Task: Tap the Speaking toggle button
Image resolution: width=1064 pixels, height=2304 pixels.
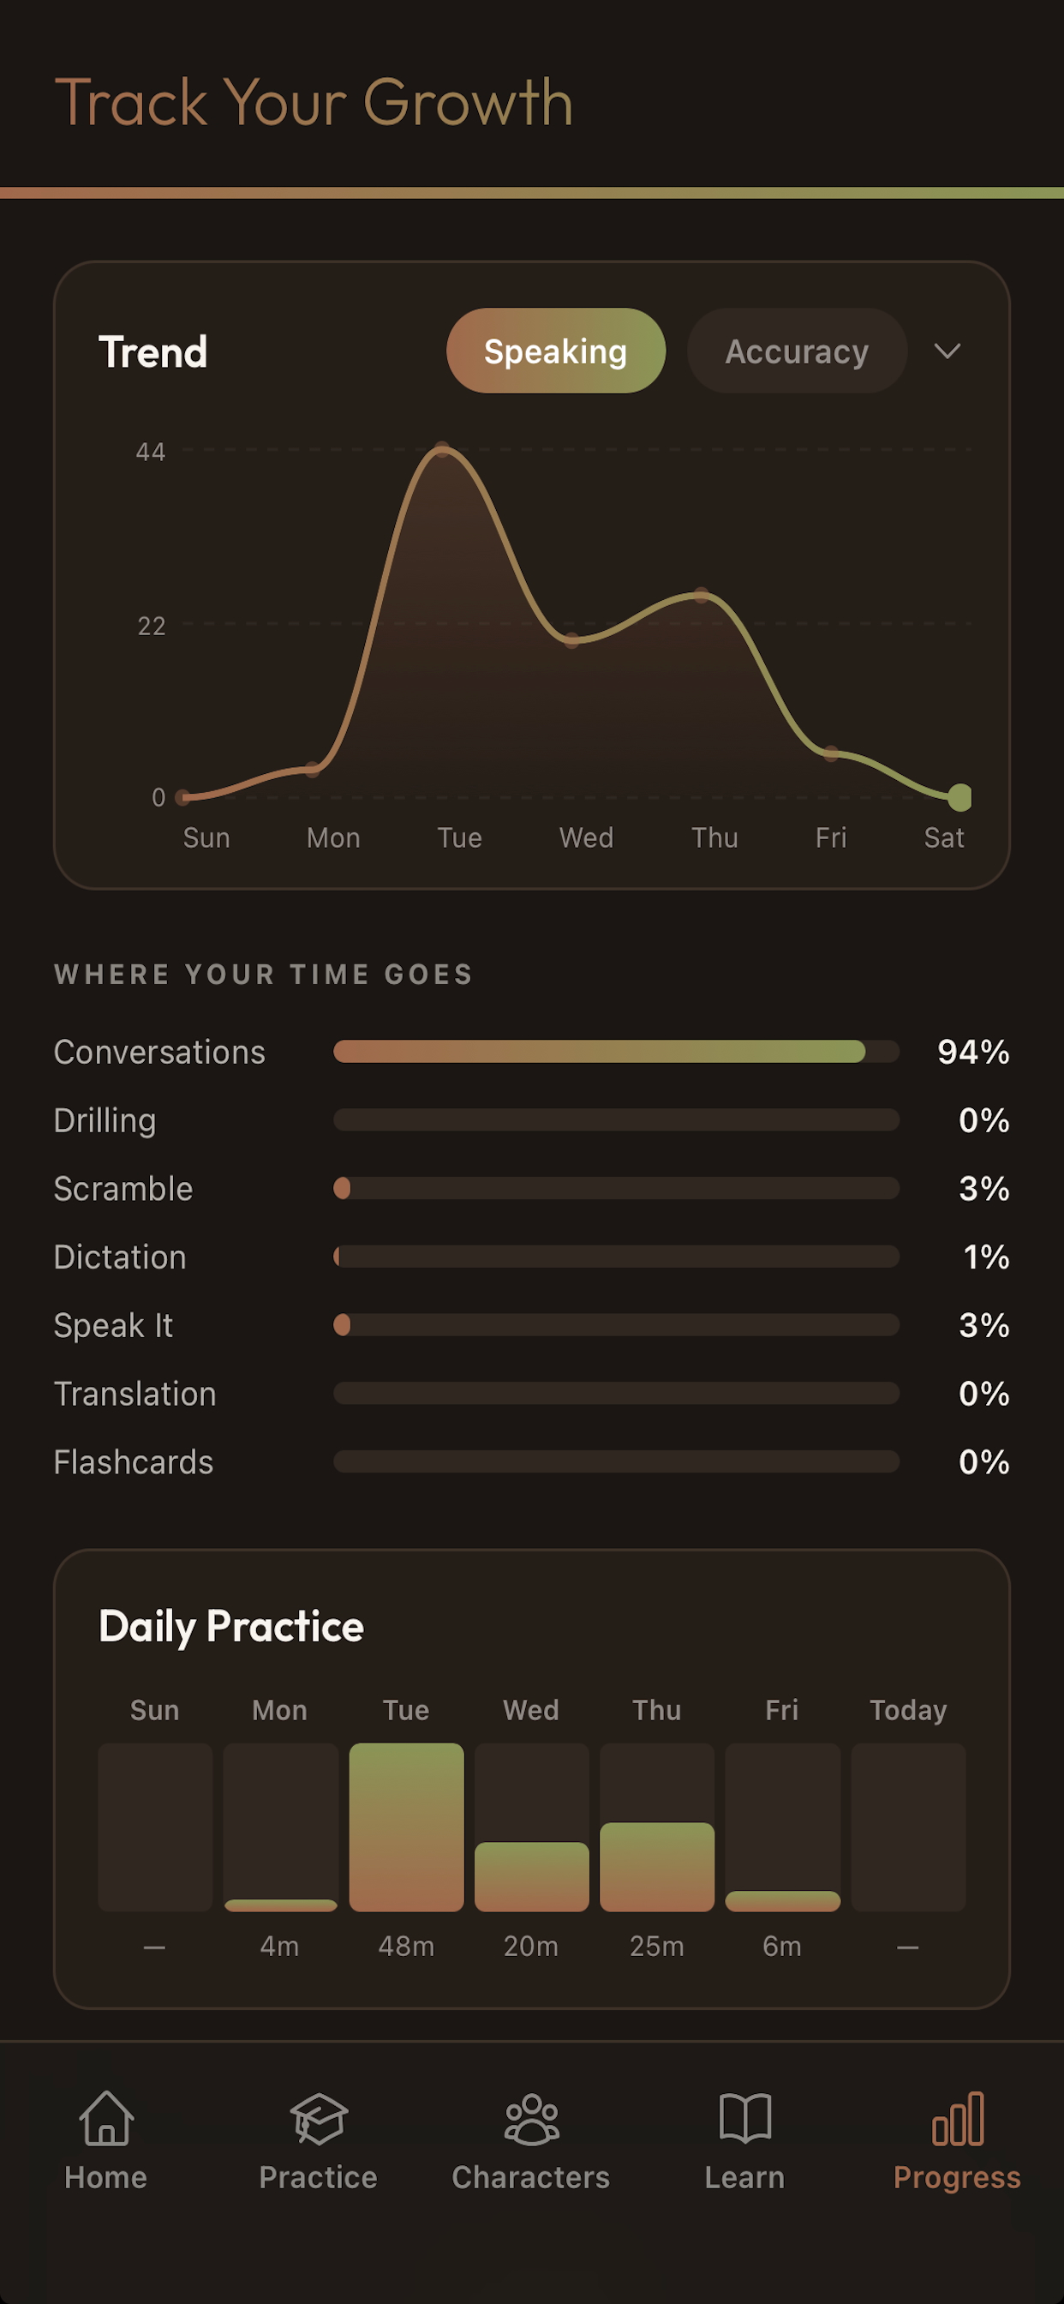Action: click(555, 351)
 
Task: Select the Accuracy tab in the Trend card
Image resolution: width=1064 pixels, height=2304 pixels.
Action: click(797, 351)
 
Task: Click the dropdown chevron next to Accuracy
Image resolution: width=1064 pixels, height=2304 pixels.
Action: click(947, 351)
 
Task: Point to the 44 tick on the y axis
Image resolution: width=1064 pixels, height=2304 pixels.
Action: click(150, 452)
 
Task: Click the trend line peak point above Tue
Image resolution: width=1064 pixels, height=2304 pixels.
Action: click(442, 449)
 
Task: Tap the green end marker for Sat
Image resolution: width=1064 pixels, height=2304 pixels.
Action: click(960, 796)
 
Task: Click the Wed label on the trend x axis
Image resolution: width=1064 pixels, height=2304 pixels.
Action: click(587, 838)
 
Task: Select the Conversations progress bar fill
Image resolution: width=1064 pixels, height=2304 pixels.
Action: click(599, 1051)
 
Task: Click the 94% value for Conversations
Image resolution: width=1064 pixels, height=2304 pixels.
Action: click(973, 1052)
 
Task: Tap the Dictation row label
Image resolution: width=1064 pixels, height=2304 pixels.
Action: click(120, 1257)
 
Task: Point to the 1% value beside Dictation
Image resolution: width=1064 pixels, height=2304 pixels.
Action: click(986, 1257)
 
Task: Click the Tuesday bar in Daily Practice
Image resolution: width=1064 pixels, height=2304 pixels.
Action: click(406, 1827)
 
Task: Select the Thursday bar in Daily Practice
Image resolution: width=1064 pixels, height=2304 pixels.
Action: click(657, 1867)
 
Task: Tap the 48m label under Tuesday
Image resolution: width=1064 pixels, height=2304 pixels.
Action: click(406, 1947)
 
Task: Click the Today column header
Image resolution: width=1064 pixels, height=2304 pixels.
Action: click(908, 1710)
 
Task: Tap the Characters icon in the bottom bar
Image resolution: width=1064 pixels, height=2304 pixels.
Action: click(532, 2119)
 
